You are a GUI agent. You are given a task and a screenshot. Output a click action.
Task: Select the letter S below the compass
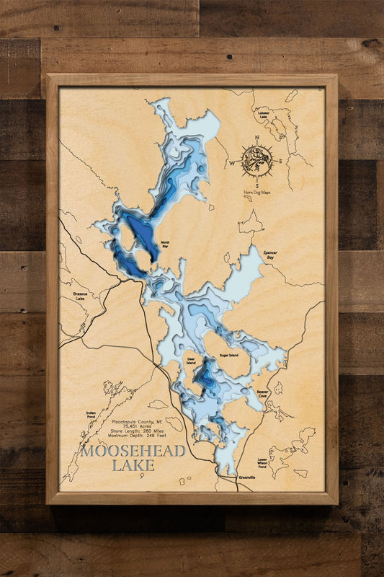tap(256, 186)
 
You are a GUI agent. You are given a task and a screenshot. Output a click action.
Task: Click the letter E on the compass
tap(281, 163)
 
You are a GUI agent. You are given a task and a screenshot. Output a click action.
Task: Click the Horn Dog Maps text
tap(257, 194)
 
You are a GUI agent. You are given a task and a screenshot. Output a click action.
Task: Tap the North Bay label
tap(165, 245)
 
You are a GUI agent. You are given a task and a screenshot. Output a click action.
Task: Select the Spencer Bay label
tap(270, 255)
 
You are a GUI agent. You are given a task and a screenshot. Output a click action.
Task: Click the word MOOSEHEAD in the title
tap(133, 452)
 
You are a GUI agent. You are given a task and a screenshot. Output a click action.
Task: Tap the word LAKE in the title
tap(133, 466)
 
